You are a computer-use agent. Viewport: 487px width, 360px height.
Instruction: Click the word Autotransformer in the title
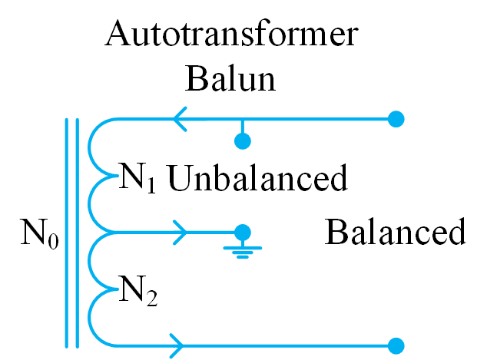[233, 35]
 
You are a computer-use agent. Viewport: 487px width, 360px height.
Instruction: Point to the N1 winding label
[138, 177]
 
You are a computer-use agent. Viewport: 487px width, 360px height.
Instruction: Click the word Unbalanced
[257, 179]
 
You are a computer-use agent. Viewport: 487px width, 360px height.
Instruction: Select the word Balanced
[395, 231]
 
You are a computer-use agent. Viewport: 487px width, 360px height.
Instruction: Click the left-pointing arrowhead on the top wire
[181, 119]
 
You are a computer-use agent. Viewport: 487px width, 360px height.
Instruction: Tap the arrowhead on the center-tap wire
[181, 231]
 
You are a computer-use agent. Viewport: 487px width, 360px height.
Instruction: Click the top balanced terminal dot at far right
[396, 119]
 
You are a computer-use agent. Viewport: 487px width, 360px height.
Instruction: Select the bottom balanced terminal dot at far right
[396, 345]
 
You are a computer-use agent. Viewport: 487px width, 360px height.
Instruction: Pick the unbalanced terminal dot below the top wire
[243, 140]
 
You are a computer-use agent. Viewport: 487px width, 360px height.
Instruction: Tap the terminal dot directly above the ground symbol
[243, 231]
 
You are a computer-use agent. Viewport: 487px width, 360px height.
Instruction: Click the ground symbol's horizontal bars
[243, 251]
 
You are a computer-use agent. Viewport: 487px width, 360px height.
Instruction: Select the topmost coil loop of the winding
[94, 146]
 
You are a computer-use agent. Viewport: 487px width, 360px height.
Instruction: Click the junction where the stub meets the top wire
[243, 119]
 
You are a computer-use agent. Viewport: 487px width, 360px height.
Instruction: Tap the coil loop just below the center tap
[94, 259]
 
